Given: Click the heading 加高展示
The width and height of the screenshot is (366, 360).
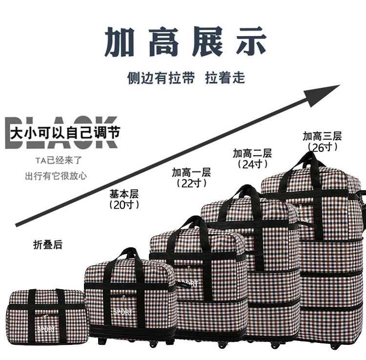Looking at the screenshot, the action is tap(185, 42).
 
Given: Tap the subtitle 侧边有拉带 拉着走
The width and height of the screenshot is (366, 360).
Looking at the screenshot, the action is tap(186, 78).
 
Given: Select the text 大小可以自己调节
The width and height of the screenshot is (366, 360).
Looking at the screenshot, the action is tap(65, 132).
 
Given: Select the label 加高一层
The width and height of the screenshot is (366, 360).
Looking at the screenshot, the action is tap(191, 172).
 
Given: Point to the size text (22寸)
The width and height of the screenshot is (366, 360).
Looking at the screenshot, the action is tap(191, 183).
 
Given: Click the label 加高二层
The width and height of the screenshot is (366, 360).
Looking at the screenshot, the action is tap(252, 153).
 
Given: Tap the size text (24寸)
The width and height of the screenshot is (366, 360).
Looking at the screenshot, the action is tap(252, 164).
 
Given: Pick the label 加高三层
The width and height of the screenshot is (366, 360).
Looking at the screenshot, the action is tap(322, 136).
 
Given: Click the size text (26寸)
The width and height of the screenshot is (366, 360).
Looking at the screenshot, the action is tap(322, 146).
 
